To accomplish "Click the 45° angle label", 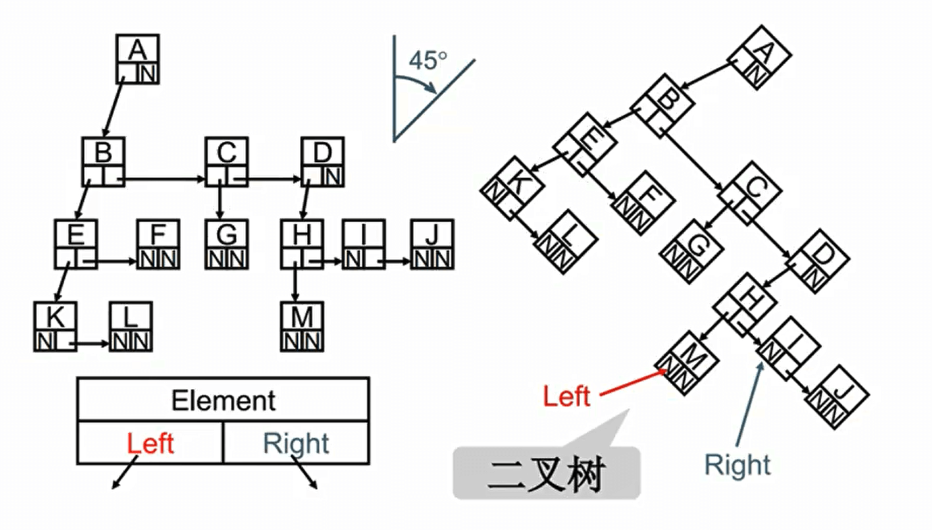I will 428,61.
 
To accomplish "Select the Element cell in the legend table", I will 223,400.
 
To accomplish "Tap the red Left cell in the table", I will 150,444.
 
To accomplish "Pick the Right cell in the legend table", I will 296,444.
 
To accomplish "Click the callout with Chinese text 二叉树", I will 546,473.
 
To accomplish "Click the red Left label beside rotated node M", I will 567,396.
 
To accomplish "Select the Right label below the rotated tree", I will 737,465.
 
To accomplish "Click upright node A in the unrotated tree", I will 138,59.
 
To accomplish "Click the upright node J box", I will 432,244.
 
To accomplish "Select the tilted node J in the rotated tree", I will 836,396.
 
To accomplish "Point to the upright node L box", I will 131,326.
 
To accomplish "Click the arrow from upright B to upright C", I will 165,180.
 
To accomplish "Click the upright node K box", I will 55,326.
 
